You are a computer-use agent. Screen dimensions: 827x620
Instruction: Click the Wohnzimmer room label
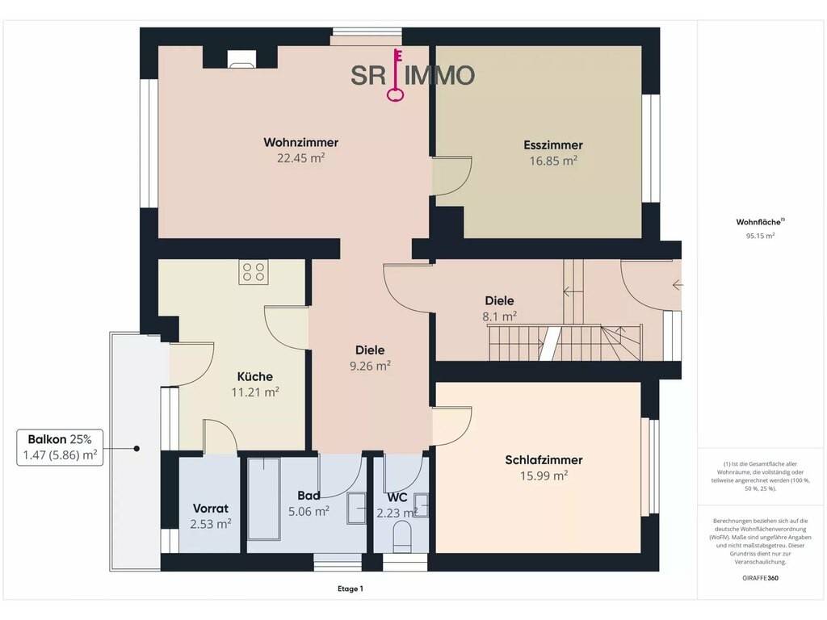pos(300,142)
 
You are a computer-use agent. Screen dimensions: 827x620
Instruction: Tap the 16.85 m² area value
pos(553,161)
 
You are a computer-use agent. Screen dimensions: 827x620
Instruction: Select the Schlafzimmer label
pos(544,459)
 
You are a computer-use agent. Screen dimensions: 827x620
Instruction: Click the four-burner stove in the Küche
pos(253,272)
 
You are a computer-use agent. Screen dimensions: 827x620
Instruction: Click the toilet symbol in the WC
pos(402,537)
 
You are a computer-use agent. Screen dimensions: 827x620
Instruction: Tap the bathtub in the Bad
pos(264,499)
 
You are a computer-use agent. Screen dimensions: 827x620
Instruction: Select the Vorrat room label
pos(211,509)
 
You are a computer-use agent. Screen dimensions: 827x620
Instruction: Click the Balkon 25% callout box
pos(60,447)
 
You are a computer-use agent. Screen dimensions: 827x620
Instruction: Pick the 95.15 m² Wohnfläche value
pos(760,237)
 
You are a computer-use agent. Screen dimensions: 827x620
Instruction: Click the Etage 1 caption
pos(351,589)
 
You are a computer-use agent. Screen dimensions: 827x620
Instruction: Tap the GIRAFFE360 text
pos(760,578)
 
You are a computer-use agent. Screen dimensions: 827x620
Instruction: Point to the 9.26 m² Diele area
pos(370,366)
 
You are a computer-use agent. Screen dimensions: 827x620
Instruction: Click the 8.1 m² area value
pos(499,316)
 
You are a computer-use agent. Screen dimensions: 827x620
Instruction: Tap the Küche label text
pos(254,376)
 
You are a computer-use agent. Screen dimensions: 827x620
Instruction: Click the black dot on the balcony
pos(136,449)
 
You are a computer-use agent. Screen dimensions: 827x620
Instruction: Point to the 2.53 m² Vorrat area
pos(211,524)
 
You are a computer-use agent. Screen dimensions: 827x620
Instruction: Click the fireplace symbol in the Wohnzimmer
pos(241,59)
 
